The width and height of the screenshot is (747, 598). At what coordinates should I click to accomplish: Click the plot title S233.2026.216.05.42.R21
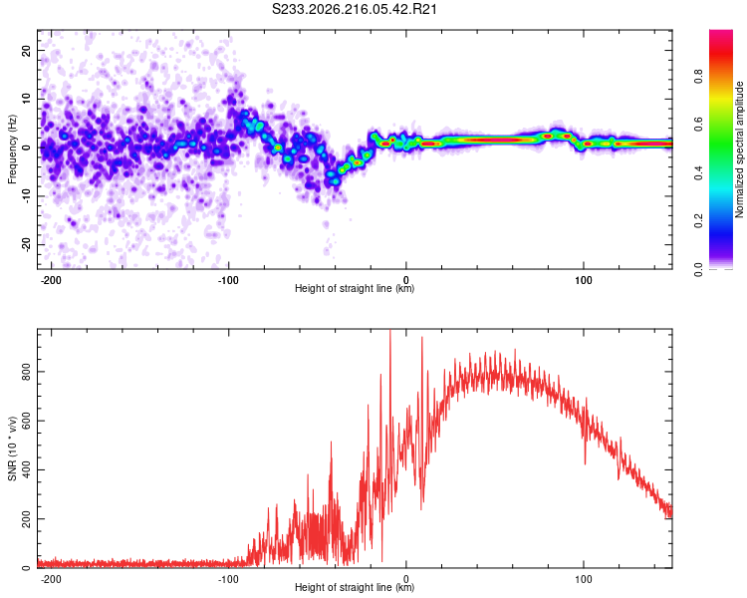[x=354, y=9]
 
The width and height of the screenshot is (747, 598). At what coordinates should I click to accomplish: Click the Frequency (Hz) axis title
[x=12, y=149]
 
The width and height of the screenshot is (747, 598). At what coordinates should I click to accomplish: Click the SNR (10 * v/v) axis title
[x=12, y=448]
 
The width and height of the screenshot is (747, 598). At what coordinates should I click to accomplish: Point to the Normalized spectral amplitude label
[x=739, y=149]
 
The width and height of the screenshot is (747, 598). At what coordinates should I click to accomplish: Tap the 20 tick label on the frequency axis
[x=26, y=50]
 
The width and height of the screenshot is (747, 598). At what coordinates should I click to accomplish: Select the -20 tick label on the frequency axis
[x=26, y=245]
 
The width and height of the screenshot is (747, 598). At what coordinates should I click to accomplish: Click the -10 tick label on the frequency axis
[x=26, y=196]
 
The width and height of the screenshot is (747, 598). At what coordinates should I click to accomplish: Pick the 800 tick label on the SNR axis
[x=26, y=372]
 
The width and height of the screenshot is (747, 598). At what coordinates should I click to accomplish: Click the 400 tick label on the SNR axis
[x=26, y=469]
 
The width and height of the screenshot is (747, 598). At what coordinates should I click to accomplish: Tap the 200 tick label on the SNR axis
[x=26, y=519]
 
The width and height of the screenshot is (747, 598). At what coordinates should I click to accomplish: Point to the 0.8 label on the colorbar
[x=698, y=77]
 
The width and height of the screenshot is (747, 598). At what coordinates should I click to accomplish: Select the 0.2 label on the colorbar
[x=698, y=221]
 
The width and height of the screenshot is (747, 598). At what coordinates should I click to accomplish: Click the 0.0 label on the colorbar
[x=698, y=269]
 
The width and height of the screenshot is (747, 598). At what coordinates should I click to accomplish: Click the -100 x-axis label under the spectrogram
[x=228, y=280]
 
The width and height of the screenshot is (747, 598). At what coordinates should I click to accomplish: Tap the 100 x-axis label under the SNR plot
[x=583, y=579]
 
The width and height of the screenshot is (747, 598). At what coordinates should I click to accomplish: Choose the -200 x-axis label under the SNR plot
[x=51, y=579]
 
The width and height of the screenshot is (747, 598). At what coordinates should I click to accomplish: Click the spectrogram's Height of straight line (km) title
[x=355, y=288]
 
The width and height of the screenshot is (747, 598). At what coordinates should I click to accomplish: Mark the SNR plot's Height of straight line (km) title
[x=355, y=587]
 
